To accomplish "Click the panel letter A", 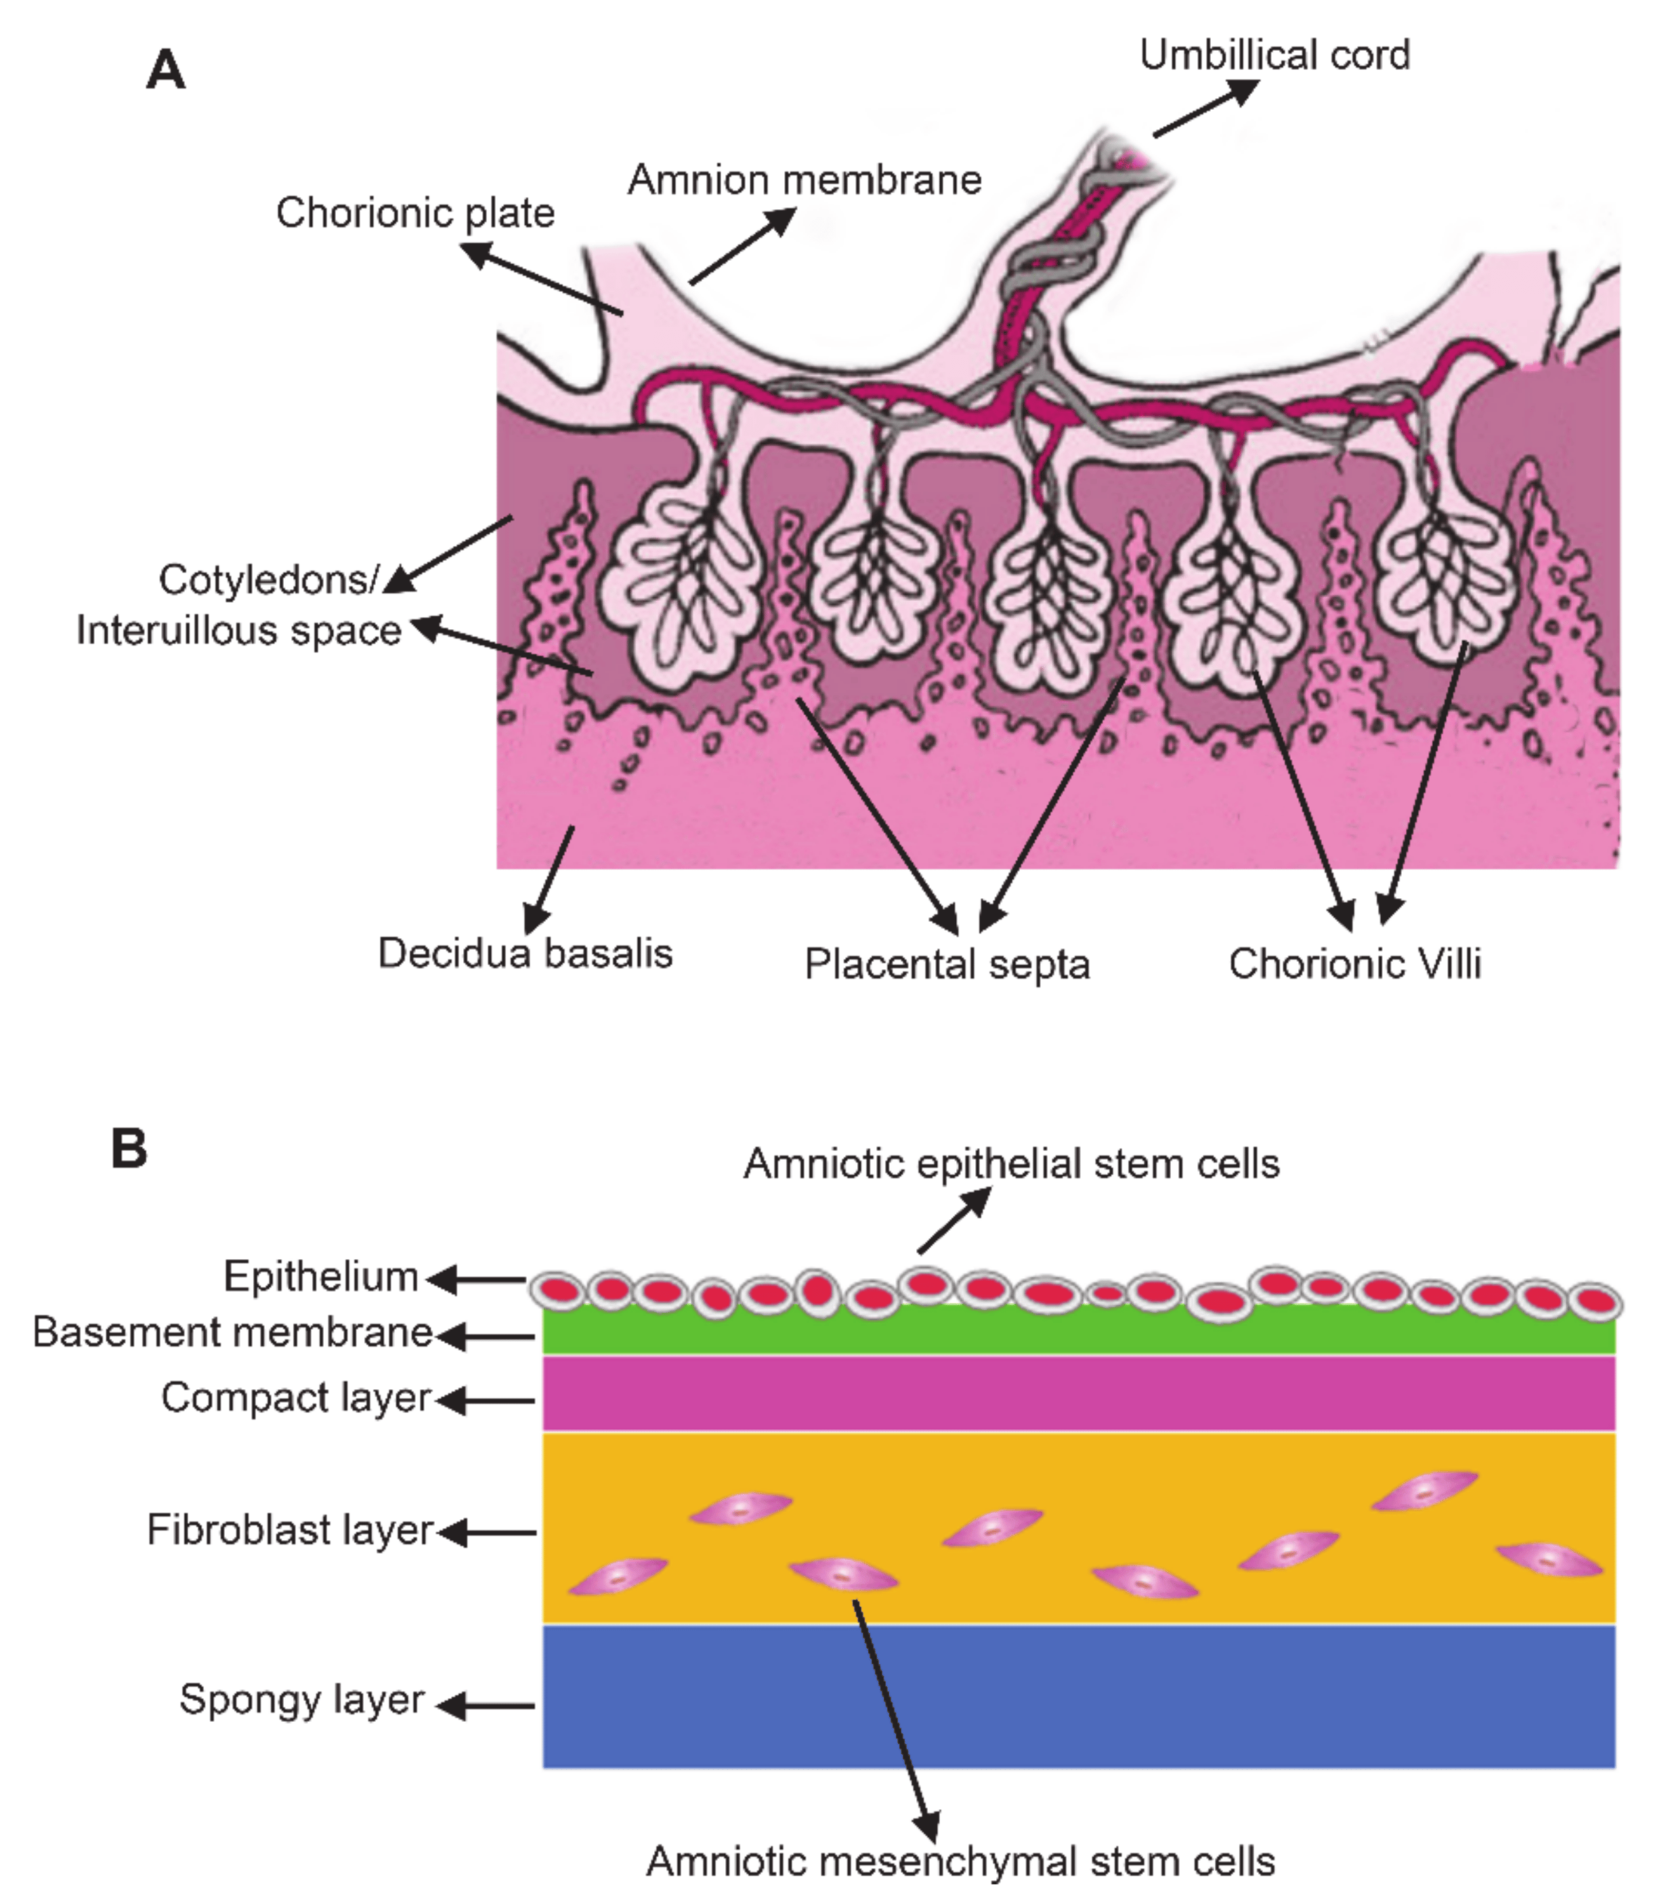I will [x=166, y=70].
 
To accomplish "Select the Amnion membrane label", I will [x=805, y=179].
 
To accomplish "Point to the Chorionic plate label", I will [x=414, y=213].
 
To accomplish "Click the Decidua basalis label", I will [x=524, y=953].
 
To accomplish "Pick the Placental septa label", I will [x=946, y=964].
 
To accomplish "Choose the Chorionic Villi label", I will [x=1354, y=963].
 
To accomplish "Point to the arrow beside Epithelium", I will [x=477, y=1279].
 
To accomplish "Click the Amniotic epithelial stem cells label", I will [x=1010, y=1164].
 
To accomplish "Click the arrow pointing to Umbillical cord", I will [x=1205, y=108].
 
